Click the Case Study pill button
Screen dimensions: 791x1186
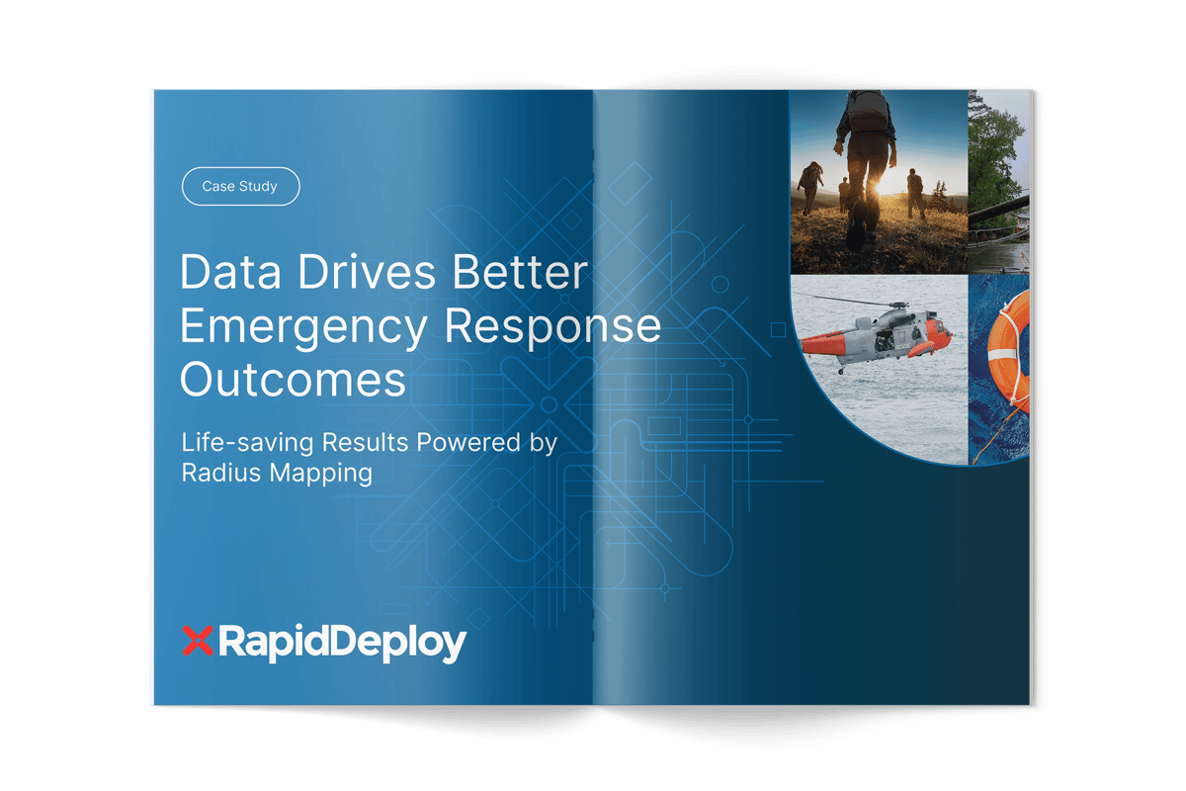(x=240, y=186)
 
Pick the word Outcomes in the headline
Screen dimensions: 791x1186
(x=293, y=381)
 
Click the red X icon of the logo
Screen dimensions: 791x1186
(x=199, y=643)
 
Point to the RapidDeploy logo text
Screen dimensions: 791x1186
(x=341, y=644)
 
